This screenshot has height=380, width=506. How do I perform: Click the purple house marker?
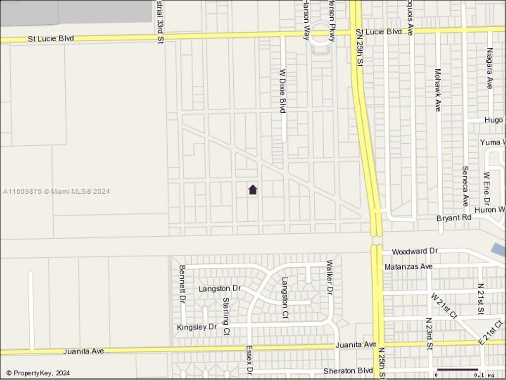253,189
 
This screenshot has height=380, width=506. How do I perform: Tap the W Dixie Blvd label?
283,90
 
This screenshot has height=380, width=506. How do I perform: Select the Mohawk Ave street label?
437,89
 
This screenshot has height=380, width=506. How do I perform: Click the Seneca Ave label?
465,186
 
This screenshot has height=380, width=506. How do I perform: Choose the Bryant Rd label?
454,218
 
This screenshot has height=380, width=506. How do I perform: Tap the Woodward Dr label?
415,252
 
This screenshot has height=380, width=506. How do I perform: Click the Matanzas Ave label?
408,266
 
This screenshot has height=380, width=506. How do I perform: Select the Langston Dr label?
219,288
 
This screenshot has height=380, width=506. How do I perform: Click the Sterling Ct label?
226,316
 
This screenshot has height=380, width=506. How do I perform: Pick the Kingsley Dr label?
197,327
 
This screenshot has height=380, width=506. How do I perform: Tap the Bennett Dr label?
182,284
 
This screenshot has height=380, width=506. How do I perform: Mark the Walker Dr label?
329,277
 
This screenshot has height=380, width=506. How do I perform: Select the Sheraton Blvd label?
348,371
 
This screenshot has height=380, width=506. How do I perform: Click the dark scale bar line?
458,369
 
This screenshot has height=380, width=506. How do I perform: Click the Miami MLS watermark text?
56,191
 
